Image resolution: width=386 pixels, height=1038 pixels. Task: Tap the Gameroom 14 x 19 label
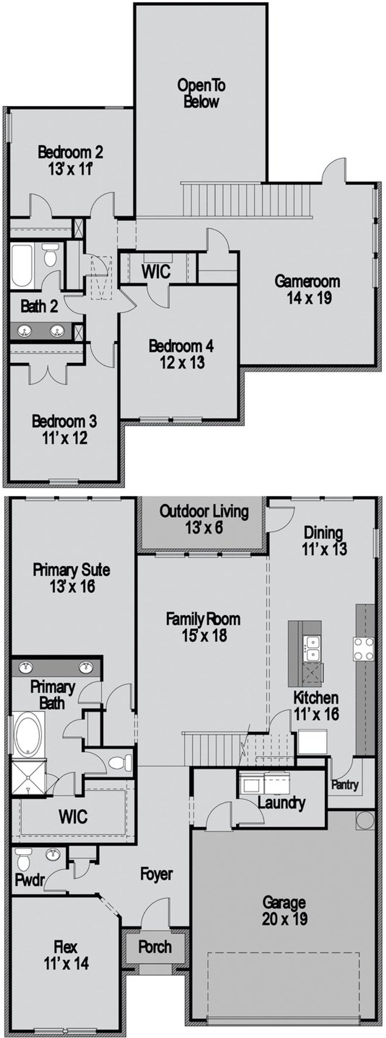pyautogui.click(x=307, y=289)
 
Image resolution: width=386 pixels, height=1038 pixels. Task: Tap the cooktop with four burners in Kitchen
pyautogui.click(x=363, y=649)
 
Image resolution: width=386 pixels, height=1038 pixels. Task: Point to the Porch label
pyautogui.click(x=155, y=946)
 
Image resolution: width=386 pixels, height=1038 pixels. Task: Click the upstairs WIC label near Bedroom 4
pyautogui.click(x=156, y=271)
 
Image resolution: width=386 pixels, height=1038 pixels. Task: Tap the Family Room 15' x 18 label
pyautogui.click(x=203, y=627)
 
